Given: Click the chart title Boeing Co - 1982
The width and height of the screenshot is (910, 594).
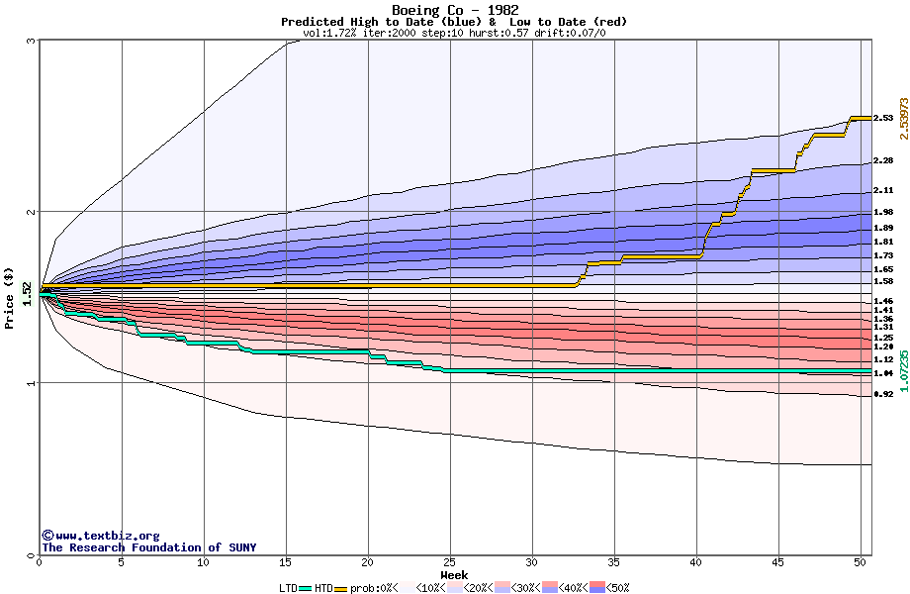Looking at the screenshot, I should [x=454, y=10].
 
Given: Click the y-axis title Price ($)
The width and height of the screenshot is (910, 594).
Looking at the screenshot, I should [x=10, y=297].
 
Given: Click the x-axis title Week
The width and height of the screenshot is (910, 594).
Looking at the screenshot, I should [x=454, y=574].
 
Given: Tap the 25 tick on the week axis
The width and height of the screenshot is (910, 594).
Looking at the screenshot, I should [x=450, y=562].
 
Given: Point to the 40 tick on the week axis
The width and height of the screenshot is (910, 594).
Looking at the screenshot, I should [x=696, y=562].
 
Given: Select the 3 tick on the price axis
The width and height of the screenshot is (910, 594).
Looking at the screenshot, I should [x=32, y=42].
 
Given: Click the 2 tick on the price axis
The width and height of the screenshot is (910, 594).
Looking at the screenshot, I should [x=32, y=212].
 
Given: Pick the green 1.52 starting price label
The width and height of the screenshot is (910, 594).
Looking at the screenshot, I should [x=28, y=293].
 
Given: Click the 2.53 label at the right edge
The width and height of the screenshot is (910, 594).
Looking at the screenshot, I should [x=883, y=118].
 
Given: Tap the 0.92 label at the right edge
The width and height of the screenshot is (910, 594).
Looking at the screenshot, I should [x=883, y=394].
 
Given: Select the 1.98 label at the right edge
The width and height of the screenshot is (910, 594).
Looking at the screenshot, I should [x=883, y=211].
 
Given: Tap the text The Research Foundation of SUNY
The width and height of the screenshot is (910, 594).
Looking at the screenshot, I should [x=148, y=547].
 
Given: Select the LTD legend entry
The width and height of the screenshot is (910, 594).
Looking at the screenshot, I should [x=288, y=588].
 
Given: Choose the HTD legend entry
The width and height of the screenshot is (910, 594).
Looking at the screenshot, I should [x=323, y=588].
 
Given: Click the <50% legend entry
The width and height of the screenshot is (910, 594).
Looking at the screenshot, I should [x=616, y=588].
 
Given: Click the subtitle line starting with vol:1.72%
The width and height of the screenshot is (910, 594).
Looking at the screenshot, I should [x=454, y=33].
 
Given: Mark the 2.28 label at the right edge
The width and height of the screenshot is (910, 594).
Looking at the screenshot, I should [x=883, y=160].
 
